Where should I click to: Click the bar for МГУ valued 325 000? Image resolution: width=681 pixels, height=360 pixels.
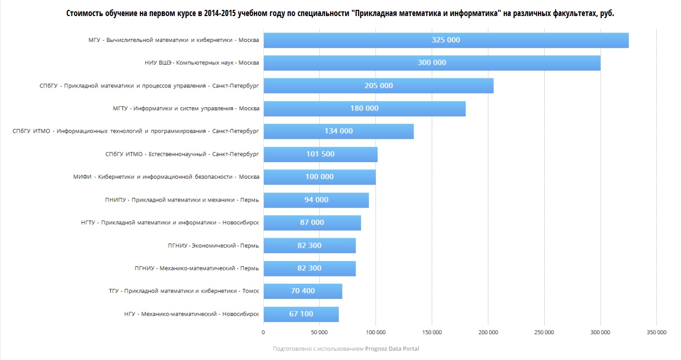click(x=446, y=40)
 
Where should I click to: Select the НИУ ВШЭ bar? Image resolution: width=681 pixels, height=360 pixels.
click(x=432, y=63)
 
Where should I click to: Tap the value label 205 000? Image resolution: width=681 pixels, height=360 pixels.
click(x=379, y=86)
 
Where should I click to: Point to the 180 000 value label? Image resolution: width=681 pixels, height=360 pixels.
click(x=364, y=109)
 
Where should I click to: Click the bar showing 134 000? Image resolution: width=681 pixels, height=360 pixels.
click(x=338, y=132)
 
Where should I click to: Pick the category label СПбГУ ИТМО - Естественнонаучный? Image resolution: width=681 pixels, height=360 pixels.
click(x=182, y=154)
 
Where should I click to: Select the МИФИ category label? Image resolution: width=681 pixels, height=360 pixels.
click(x=166, y=177)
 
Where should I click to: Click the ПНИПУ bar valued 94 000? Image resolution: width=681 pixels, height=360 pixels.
click(x=316, y=200)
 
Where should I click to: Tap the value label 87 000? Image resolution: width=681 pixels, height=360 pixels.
click(x=312, y=223)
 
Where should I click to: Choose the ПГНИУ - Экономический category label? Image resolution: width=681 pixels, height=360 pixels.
click(x=196, y=246)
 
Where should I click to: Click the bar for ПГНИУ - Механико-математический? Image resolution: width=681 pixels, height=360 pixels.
click(x=309, y=268)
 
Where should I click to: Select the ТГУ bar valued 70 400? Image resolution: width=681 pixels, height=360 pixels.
click(x=303, y=291)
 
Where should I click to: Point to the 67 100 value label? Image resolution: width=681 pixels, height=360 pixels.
click(x=301, y=314)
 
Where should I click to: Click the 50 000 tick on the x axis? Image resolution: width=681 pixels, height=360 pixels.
click(x=319, y=333)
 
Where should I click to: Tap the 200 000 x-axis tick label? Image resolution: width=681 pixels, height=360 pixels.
click(x=488, y=333)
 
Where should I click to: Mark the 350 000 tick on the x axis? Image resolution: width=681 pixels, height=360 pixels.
click(x=656, y=333)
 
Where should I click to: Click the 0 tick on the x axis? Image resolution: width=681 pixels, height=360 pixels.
click(x=263, y=333)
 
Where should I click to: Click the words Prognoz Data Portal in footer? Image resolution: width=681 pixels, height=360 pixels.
click(x=392, y=349)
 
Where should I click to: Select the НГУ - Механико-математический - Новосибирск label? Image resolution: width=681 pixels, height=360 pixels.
click(x=191, y=314)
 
